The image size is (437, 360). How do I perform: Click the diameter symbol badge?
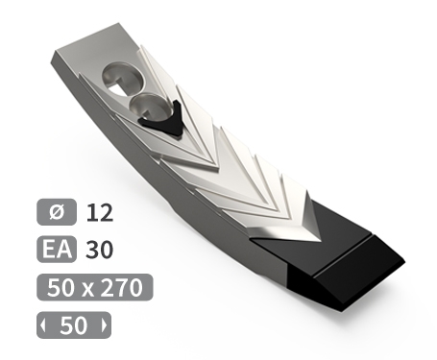[x=57, y=212]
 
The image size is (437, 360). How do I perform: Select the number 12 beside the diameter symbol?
[x=100, y=212]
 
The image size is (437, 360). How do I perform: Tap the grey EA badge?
[x=57, y=250]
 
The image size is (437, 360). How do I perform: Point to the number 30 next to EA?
[x=99, y=250]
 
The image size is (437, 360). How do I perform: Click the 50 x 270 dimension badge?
[x=95, y=287]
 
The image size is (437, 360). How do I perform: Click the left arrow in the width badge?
[x=43, y=325]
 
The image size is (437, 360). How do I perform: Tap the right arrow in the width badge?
[x=104, y=325]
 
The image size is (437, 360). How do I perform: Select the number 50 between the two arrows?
[x=74, y=325]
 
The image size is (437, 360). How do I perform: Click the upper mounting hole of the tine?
[x=122, y=79]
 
